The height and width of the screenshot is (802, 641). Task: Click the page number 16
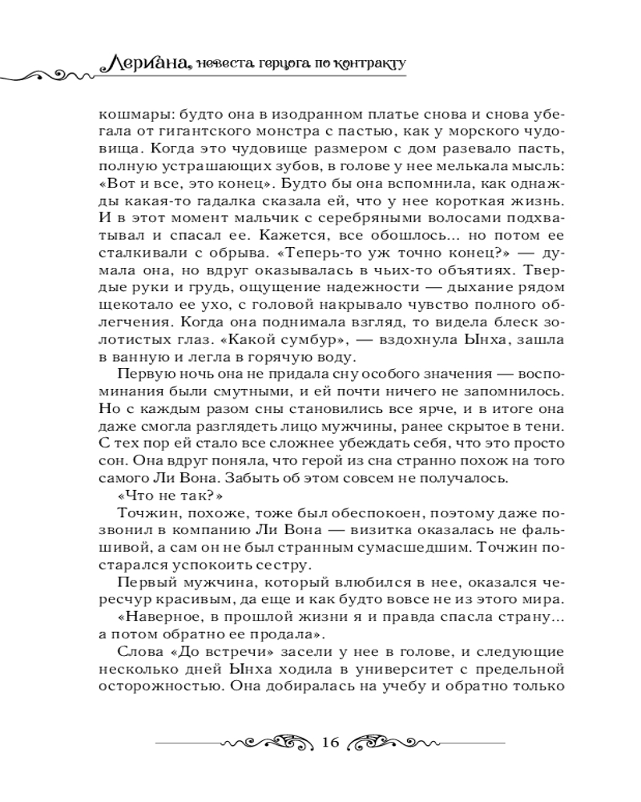(329, 740)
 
